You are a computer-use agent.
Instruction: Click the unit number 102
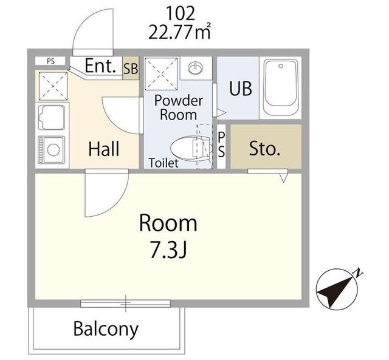click(181, 13)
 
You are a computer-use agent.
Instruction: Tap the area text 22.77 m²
click(180, 31)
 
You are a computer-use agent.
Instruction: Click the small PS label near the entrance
click(50, 61)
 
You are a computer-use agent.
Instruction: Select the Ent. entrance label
click(100, 66)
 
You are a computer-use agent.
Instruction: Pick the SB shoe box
click(131, 68)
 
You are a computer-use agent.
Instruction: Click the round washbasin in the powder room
click(195, 67)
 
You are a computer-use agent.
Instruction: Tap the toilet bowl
click(191, 148)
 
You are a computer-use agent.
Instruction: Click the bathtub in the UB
click(281, 87)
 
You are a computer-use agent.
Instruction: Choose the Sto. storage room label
click(265, 148)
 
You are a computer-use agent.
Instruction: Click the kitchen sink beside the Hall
click(51, 117)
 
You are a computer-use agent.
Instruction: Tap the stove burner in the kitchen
click(53, 150)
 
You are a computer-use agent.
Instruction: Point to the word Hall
click(104, 149)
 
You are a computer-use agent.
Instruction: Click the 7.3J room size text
click(168, 251)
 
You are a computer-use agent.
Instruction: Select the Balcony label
click(106, 329)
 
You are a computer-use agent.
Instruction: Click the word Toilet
click(164, 163)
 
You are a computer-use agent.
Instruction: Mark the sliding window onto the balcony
click(126, 304)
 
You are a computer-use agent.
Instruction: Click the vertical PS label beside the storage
click(221, 144)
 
